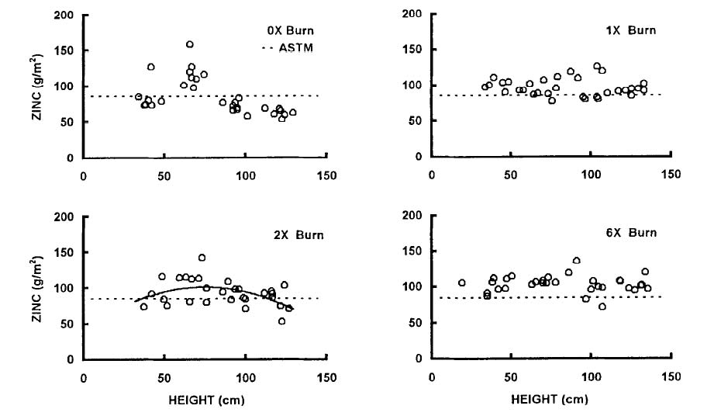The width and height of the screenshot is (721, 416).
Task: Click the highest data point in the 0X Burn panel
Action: point(190,45)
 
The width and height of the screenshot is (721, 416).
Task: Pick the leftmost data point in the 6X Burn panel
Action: point(462,283)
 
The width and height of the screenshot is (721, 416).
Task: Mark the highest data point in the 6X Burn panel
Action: point(576,261)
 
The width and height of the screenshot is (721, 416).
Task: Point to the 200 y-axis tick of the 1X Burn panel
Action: point(416,14)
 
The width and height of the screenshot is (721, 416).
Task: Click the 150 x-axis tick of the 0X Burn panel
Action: point(326,175)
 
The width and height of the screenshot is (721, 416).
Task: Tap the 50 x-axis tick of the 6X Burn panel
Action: point(511,376)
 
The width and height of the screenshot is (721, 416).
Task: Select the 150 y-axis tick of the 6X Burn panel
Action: point(416,251)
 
